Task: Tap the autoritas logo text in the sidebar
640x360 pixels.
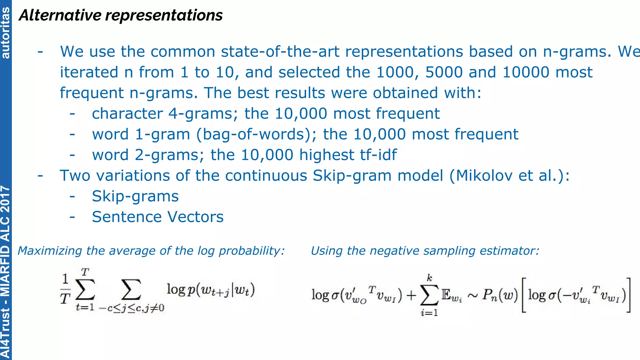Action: [6, 32]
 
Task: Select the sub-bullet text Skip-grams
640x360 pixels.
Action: [135, 197]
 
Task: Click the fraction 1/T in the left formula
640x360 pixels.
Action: [65, 289]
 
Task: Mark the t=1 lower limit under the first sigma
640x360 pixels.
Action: [85, 307]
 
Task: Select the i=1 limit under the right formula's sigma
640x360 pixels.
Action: [429, 313]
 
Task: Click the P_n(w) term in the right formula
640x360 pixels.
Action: [500, 295]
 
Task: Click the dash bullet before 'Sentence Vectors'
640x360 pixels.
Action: [72, 217]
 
